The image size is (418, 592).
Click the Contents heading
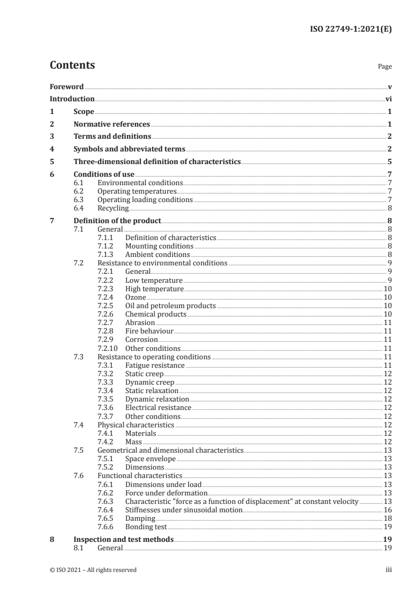click(x=72, y=65)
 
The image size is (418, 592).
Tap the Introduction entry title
click(x=72, y=99)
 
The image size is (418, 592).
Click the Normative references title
click(x=112, y=125)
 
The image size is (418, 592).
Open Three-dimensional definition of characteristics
click(x=157, y=161)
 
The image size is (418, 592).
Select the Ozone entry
click(x=135, y=298)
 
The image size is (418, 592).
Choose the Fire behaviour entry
click(x=149, y=331)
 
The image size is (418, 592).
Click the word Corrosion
click(x=141, y=340)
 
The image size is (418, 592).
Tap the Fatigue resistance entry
click(x=154, y=365)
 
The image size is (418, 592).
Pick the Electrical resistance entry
click(x=158, y=408)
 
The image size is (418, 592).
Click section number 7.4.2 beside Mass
click(x=106, y=442)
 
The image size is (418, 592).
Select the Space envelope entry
click(x=150, y=459)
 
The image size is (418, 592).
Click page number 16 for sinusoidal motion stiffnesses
click(x=387, y=510)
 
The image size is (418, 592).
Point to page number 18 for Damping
click(x=387, y=519)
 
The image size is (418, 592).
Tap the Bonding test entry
click(x=145, y=527)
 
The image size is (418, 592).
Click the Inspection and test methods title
click(x=123, y=540)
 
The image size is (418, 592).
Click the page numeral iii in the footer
click(x=388, y=570)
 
